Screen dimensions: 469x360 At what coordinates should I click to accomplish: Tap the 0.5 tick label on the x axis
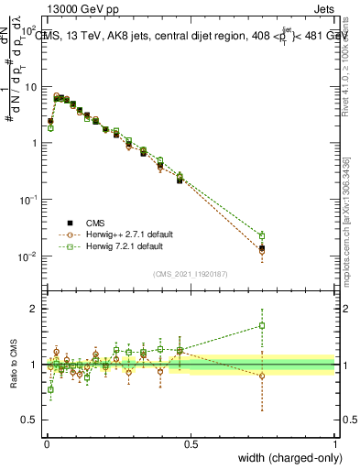(191, 444)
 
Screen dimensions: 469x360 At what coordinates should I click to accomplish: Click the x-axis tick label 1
(335, 444)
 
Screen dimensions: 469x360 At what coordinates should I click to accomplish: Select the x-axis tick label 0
(46, 444)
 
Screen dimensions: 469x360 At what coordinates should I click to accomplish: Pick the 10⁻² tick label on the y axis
(27, 256)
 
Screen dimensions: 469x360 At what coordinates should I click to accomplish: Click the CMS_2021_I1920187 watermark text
(191, 274)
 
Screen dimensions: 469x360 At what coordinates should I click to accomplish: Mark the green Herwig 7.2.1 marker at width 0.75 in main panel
(262, 235)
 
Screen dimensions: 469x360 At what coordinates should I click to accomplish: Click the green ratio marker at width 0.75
(262, 325)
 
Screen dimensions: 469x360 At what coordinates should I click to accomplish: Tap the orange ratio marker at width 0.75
(262, 376)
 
